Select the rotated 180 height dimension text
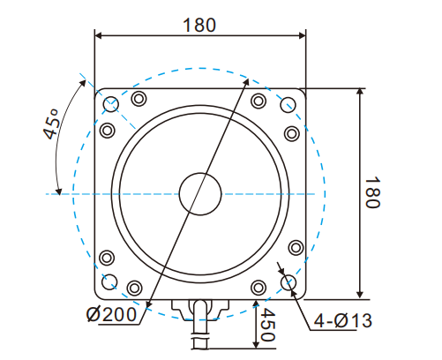(x=372, y=192)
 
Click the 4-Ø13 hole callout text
(x=340, y=320)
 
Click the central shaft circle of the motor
(x=200, y=193)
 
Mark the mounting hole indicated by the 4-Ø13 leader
(x=288, y=282)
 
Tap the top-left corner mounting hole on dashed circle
(x=111, y=105)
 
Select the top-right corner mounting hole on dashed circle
(x=288, y=105)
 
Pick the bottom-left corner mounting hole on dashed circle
(x=111, y=282)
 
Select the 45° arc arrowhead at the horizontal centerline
(x=58, y=188)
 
